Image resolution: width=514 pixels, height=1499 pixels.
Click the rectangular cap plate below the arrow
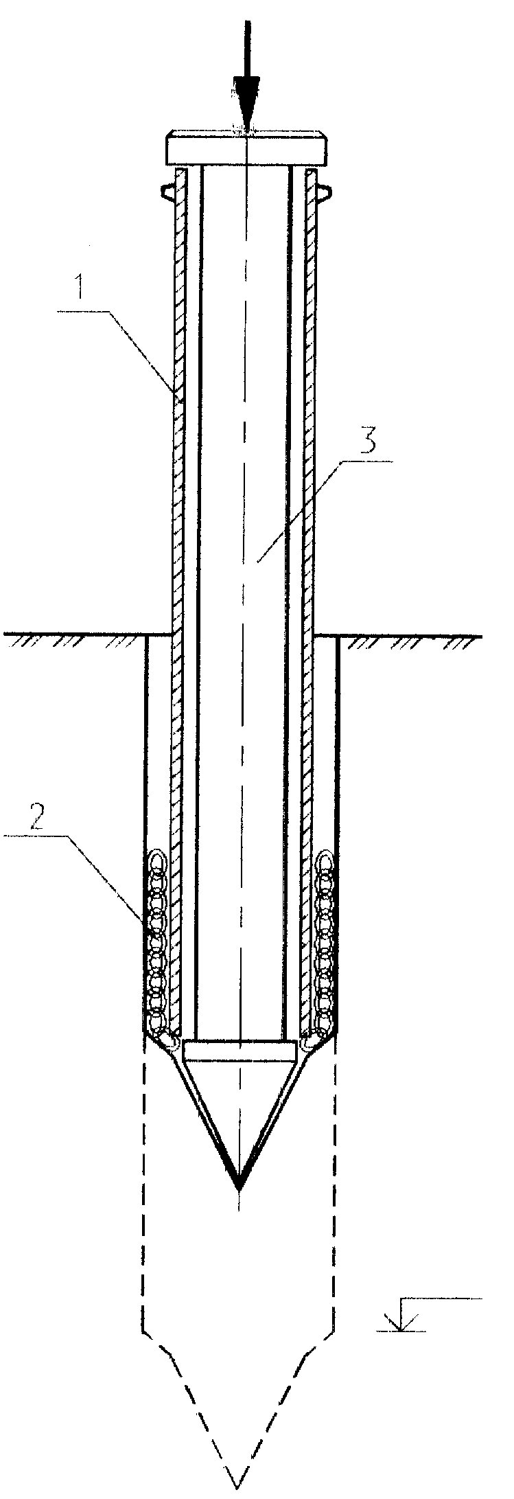tap(246, 149)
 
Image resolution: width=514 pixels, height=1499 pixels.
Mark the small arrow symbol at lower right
tap(397, 1316)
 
